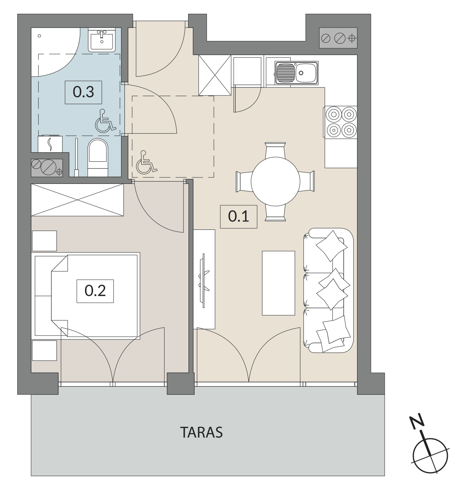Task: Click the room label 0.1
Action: (239, 216)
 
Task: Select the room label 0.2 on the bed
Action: (95, 291)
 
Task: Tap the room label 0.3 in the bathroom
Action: (83, 92)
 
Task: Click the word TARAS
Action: (201, 433)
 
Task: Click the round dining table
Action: (275, 182)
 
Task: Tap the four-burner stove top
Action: (341, 122)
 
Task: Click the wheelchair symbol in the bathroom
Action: (105, 121)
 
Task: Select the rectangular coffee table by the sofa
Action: (278, 283)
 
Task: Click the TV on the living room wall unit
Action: (204, 281)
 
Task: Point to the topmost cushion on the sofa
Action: (331, 246)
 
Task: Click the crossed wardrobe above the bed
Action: (77, 200)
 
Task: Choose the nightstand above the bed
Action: (44, 241)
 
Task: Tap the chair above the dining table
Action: (275, 150)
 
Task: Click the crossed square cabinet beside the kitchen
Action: (215, 75)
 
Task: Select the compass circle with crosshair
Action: (430, 456)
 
